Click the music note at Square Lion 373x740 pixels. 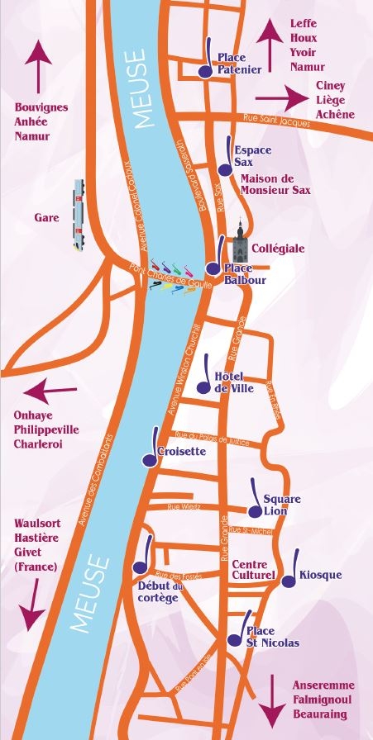coord(256,499)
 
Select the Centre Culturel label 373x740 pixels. coord(253,568)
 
